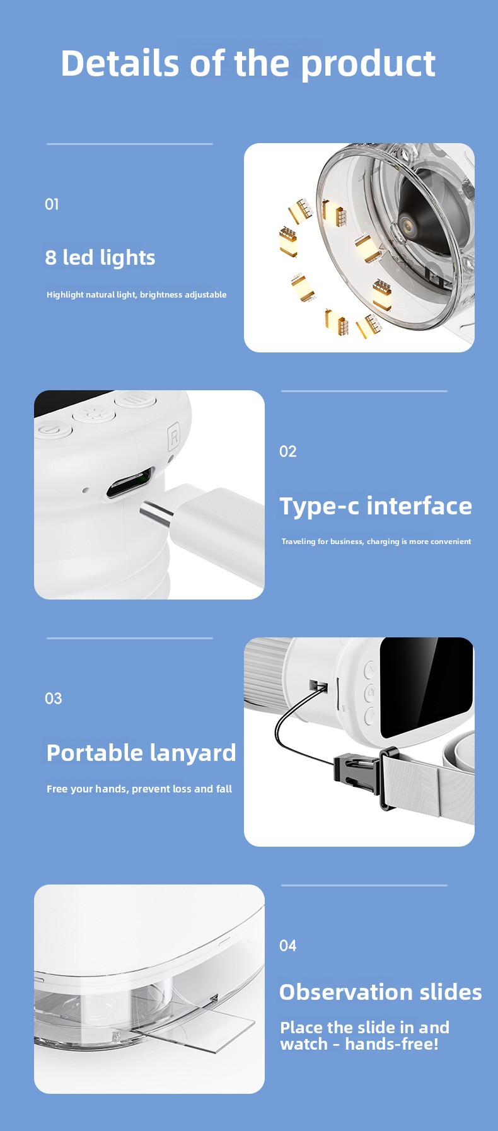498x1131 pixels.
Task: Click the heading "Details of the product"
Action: (x=248, y=64)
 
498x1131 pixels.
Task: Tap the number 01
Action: (x=52, y=204)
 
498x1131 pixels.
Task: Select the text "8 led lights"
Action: (x=100, y=257)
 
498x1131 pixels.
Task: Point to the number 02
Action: (x=287, y=451)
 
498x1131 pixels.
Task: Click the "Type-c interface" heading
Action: (x=376, y=506)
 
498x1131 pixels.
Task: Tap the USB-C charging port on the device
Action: (x=130, y=483)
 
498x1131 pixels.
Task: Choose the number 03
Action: (x=54, y=699)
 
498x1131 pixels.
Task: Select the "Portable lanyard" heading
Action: (x=141, y=753)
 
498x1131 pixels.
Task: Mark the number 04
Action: (x=288, y=946)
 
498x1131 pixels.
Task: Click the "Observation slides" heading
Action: (x=381, y=992)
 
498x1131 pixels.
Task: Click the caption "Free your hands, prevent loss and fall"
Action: (x=139, y=789)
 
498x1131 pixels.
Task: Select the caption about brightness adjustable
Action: (x=137, y=294)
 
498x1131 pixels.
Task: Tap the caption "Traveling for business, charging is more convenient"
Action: (x=376, y=541)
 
